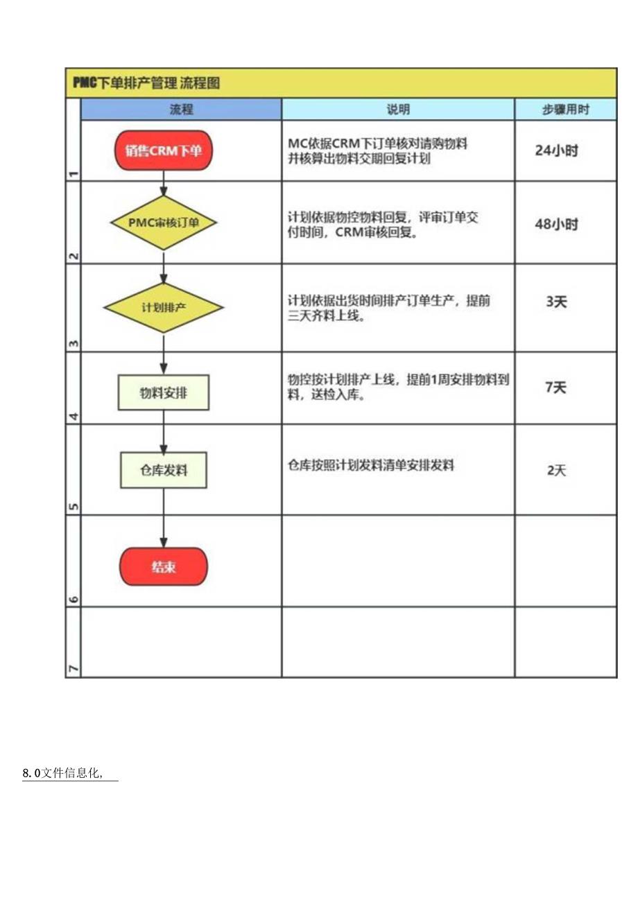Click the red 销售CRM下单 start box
pyautogui.click(x=164, y=150)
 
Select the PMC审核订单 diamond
pyautogui.click(x=164, y=223)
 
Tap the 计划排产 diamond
pyautogui.click(x=164, y=307)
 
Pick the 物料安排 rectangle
pyautogui.click(x=164, y=393)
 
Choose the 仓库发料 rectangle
pyautogui.click(x=164, y=470)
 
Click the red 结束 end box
pyautogui.click(x=164, y=566)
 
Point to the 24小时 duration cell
pyautogui.click(x=556, y=150)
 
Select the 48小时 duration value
pyautogui.click(x=556, y=225)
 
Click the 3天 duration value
pyautogui.click(x=556, y=302)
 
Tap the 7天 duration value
pyautogui.click(x=556, y=388)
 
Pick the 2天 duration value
pyautogui.click(x=556, y=471)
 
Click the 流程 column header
pyautogui.click(x=181, y=110)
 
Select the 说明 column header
pyautogui.click(x=398, y=110)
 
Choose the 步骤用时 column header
pyautogui.click(x=565, y=110)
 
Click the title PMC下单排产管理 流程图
pyautogui.click(x=146, y=83)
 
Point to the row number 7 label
pyautogui.click(x=73, y=668)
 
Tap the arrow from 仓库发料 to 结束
pyautogui.click(x=164, y=518)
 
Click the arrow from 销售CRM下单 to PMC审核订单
pyautogui.click(x=164, y=185)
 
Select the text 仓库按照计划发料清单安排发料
pyautogui.click(x=371, y=466)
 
